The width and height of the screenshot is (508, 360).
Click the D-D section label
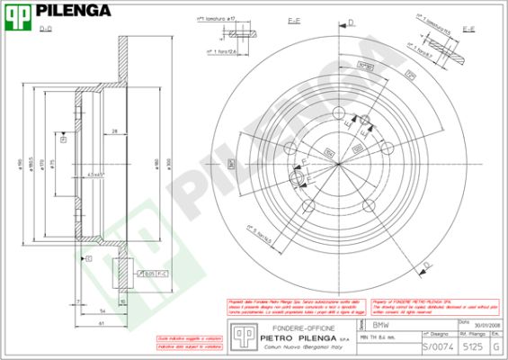[46, 31]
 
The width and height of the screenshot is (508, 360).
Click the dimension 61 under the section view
[102, 322]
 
